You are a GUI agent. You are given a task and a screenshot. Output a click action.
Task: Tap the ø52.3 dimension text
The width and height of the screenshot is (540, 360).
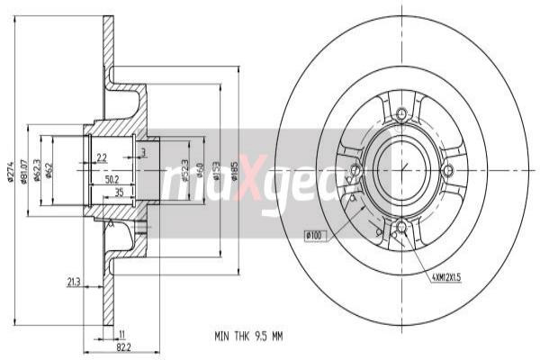point(185,169)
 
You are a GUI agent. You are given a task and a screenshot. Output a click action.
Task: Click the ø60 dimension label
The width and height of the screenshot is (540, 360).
point(199,169)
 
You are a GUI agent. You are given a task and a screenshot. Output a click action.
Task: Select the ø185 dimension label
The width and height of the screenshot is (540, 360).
point(234,169)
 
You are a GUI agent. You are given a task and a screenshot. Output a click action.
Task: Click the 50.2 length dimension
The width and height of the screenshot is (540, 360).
point(112,180)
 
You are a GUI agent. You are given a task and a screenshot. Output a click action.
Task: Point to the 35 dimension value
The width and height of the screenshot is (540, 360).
point(119,193)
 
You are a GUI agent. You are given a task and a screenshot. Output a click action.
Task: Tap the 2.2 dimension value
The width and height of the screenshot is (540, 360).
point(102,158)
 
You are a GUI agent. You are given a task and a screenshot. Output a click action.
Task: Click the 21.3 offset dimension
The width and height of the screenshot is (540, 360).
point(71,283)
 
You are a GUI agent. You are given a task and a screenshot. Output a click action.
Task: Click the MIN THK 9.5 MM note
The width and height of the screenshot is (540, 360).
point(247,337)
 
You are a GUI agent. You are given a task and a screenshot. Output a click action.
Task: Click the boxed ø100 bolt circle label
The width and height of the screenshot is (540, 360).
point(314,236)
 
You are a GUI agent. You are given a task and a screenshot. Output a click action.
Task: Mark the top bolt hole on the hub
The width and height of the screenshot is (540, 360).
point(401,112)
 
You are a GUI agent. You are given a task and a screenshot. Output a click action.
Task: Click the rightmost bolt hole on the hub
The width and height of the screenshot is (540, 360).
point(448,169)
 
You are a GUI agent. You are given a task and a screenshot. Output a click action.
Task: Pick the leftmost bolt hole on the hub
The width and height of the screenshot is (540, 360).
point(355,169)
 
